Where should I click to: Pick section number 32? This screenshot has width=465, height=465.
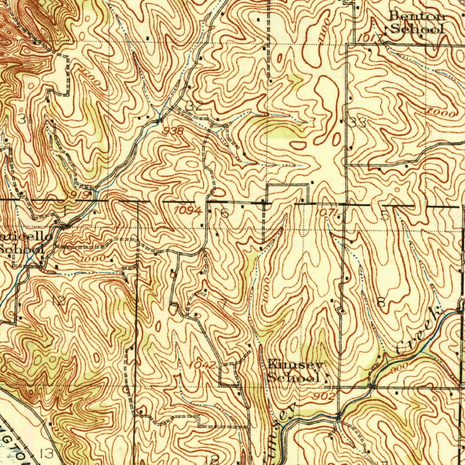(x=194, y=106)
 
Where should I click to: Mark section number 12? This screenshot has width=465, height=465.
(x=58, y=300)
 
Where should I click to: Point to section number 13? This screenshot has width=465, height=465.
(x=47, y=453)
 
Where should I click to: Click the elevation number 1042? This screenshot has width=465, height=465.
(x=202, y=365)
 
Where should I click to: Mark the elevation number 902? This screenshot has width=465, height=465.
(x=326, y=396)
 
